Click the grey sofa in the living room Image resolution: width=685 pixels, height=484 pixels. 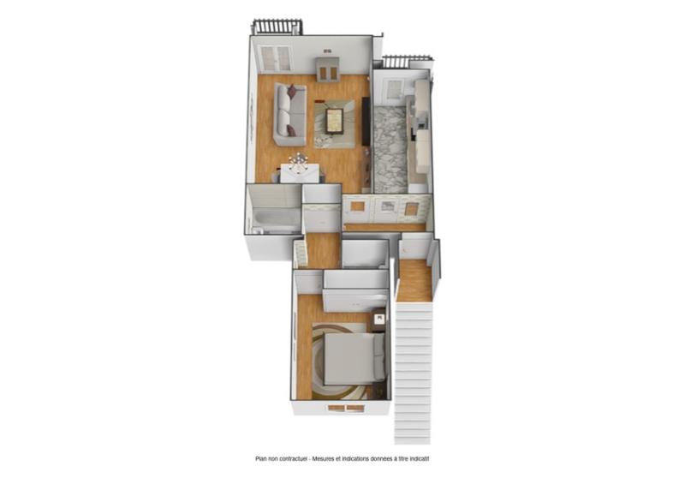click(x=290, y=115)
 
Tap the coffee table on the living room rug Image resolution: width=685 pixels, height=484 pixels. click(x=335, y=121)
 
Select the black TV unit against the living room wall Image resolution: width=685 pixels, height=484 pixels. click(x=366, y=121)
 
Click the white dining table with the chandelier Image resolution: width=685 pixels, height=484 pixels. click(x=299, y=173)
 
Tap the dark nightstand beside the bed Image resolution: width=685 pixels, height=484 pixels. click(x=378, y=320)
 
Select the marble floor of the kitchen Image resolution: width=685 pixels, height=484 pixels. click(x=390, y=148)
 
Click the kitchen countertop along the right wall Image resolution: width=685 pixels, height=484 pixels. click(x=420, y=127)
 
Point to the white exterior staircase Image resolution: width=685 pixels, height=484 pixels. click(x=413, y=372)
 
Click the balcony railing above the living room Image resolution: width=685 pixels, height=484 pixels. click(x=277, y=27)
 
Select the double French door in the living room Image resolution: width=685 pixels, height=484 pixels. click(x=275, y=58)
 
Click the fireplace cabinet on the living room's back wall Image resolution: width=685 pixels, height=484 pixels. click(x=327, y=69)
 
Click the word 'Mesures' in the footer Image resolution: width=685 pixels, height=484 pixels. click(x=323, y=459)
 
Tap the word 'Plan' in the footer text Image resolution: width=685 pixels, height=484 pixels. click(x=261, y=459)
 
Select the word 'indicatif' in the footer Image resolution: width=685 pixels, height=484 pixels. click(x=419, y=459)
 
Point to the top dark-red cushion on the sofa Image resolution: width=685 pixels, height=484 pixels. click(x=292, y=90)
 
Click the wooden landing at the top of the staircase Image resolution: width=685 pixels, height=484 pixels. click(x=415, y=281)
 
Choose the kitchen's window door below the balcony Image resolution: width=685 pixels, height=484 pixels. click(x=395, y=90)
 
